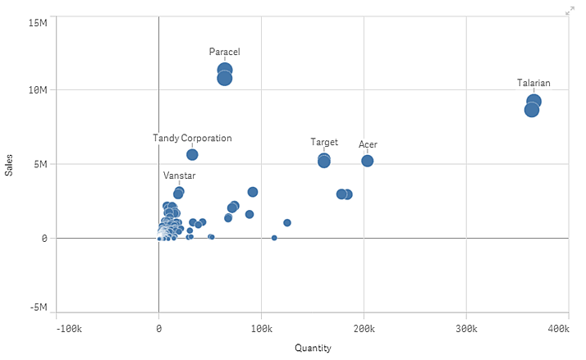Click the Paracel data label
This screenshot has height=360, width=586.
(224, 52)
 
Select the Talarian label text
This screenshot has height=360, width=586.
(533, 83)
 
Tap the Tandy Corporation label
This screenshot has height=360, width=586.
(192, 138)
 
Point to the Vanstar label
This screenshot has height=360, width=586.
(179, 175)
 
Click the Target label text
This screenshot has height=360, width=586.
(324, 142)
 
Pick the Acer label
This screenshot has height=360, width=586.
(368, 144)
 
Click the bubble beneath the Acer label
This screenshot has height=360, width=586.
(368, 161)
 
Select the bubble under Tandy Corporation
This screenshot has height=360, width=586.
(192, 154)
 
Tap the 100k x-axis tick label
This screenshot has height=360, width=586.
(261, 328)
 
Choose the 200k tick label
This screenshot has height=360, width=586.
(364, 328)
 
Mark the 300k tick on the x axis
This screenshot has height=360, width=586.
(466, 328)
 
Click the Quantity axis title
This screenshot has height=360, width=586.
(313, 348)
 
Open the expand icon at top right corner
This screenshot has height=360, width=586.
(570, 11)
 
